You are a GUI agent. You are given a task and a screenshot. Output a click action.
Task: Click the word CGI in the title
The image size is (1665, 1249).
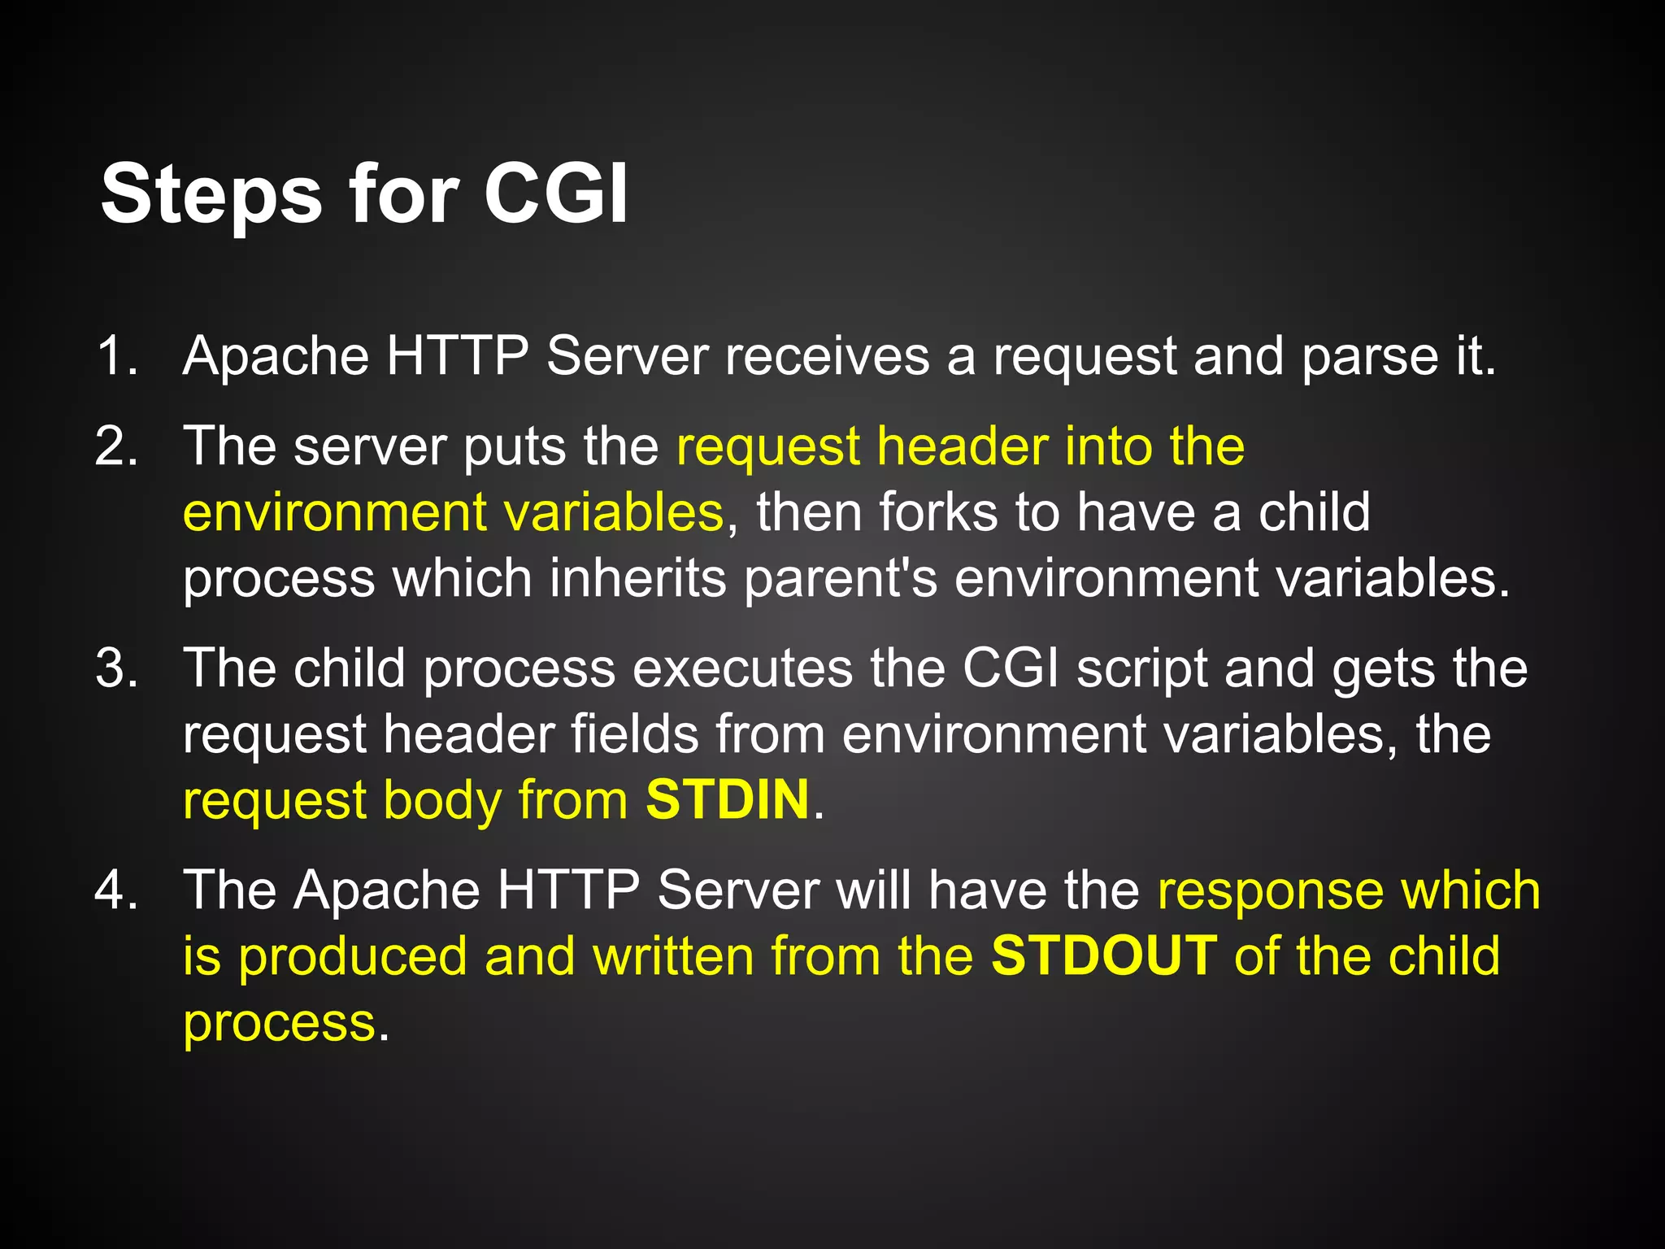click(x=556, y=195)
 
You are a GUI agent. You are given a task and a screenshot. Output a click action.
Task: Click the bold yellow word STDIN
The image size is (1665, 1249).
click(x=728, y=799)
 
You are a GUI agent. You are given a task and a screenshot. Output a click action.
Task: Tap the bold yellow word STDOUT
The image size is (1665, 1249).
click(x=1104, y=955)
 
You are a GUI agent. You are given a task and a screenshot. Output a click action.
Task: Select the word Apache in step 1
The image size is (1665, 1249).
click(x=276, y=356)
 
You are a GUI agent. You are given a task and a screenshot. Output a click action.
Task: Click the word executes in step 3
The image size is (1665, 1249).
click(x=742, y=668)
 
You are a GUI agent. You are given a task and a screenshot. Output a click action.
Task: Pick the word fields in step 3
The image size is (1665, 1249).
click(x=634, y=734)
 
